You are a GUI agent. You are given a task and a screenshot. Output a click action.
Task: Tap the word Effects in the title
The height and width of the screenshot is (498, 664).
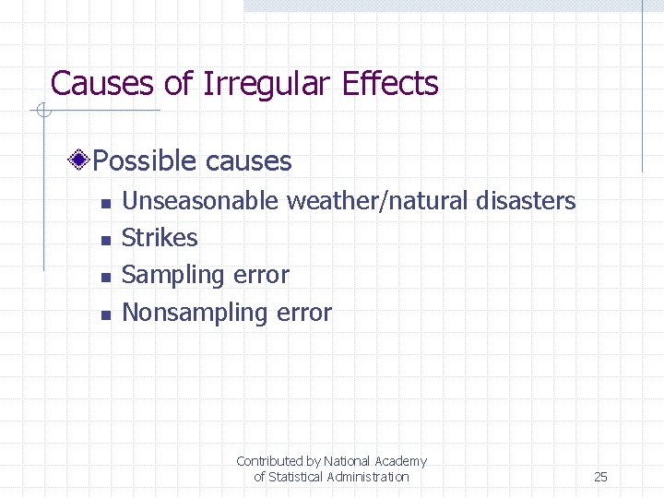click(x=390, y=84)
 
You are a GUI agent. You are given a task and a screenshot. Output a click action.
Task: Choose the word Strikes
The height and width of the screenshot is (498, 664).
click(x=160, y=238)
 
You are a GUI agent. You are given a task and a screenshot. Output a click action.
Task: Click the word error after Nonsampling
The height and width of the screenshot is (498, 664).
click(x=303, y=313)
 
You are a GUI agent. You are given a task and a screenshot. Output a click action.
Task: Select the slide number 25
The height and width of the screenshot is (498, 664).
click(x=600, y=477)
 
